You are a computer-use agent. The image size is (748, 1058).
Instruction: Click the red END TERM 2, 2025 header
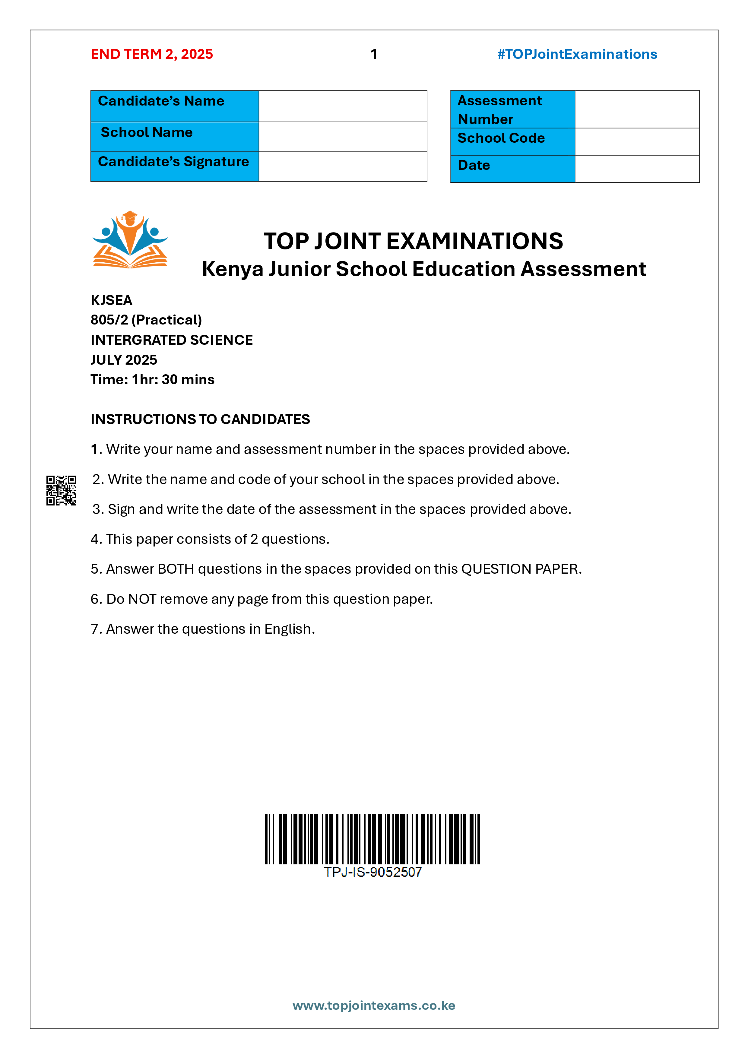152,54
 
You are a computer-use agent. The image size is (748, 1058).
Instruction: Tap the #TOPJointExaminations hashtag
577,54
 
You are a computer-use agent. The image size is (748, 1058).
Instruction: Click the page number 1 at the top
374,54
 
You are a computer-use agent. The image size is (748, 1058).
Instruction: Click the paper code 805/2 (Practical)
146,320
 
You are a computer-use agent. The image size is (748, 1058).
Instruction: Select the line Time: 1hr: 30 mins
153,380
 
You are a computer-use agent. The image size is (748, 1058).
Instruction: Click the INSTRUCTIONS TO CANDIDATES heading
200,419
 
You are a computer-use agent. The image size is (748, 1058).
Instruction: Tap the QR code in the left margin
61,490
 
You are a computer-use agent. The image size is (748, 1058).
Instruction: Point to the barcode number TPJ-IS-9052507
372,872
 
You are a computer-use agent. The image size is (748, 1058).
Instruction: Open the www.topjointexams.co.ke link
374,1006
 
